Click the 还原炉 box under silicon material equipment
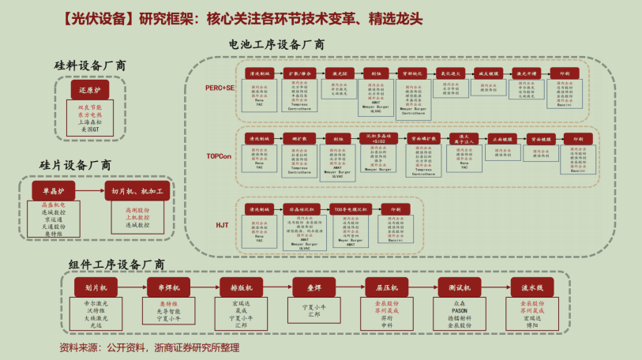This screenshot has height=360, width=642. coord(89,91)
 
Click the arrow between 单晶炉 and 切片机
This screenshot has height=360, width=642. coord(96,191)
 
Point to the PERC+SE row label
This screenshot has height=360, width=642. coord(215,88)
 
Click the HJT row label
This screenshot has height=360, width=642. coord(221,225)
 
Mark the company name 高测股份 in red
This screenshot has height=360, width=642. coord(137,210)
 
